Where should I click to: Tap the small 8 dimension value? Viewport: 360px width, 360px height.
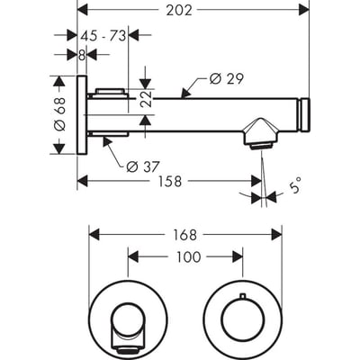point(82,54)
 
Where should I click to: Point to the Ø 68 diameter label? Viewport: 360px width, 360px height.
point(60,116)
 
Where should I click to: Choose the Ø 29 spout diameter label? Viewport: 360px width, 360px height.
point(227,78)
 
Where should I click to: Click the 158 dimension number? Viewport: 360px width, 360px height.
point(169,181)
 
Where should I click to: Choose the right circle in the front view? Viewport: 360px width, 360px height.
point(241,318)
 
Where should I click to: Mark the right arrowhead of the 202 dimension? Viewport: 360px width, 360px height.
point(306,10)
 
